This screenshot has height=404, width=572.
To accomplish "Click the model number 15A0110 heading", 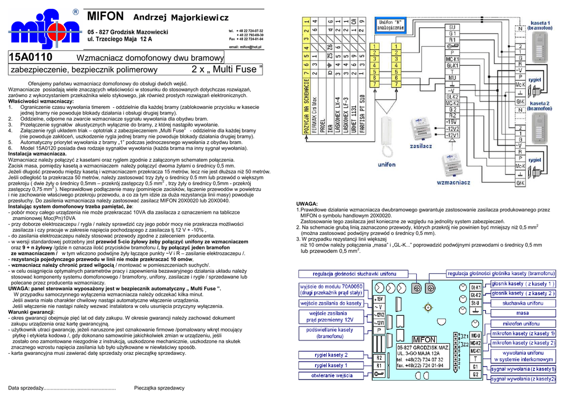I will pos(31,57).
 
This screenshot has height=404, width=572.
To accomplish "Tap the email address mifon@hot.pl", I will pos(245,47).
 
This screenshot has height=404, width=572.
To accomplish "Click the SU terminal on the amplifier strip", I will pos(452,27).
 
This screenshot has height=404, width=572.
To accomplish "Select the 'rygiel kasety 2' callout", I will pos(330,355).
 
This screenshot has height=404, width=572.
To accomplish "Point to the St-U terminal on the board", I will pos(476,303).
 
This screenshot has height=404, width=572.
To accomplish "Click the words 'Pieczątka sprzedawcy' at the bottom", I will pos(160,387).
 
